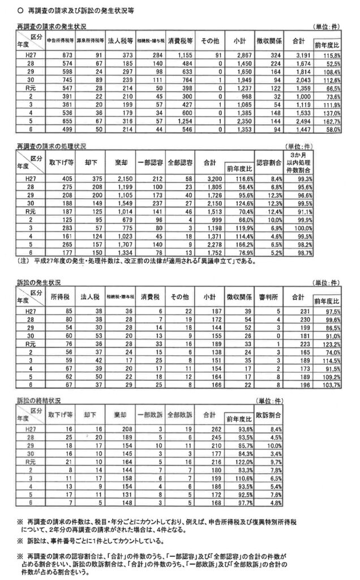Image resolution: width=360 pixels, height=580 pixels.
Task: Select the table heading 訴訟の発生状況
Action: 38,282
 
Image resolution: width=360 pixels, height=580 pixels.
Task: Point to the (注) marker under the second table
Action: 25,261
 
